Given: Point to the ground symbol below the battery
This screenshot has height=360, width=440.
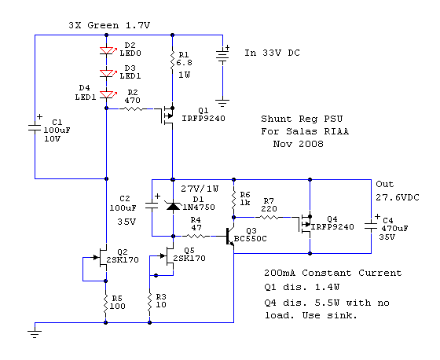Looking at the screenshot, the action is click(222, 103).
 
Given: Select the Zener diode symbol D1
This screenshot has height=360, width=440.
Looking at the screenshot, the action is click(173, 206).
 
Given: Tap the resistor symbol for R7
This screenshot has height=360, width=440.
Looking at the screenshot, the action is click(269, 218).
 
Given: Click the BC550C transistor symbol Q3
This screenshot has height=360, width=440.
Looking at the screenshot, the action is click(229, 237).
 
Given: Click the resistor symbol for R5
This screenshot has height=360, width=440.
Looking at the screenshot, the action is click(105, 303).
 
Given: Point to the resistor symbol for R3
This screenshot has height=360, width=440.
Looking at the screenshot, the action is click(149, 302).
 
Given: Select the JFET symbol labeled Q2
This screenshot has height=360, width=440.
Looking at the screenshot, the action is click(101, 258).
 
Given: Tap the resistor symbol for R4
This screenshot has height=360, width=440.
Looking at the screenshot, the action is click(196, 237).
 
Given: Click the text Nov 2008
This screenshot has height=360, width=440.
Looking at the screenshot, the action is click(299, 144).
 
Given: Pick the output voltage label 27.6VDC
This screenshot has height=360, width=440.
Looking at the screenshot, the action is click(398, 198).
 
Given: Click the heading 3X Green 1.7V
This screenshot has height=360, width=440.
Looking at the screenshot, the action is click(109, 25).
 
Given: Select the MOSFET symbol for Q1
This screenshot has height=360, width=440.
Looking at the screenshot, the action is click(167, 115).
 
